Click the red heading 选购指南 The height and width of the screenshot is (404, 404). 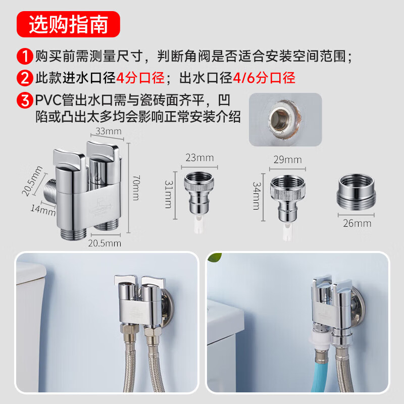coord(68,24)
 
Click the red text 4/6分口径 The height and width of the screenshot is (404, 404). coord(264,78)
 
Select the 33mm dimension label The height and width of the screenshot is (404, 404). coord(108,132)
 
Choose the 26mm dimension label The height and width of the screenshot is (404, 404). coord(357,223)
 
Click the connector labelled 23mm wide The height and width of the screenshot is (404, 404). coord(199,192)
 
